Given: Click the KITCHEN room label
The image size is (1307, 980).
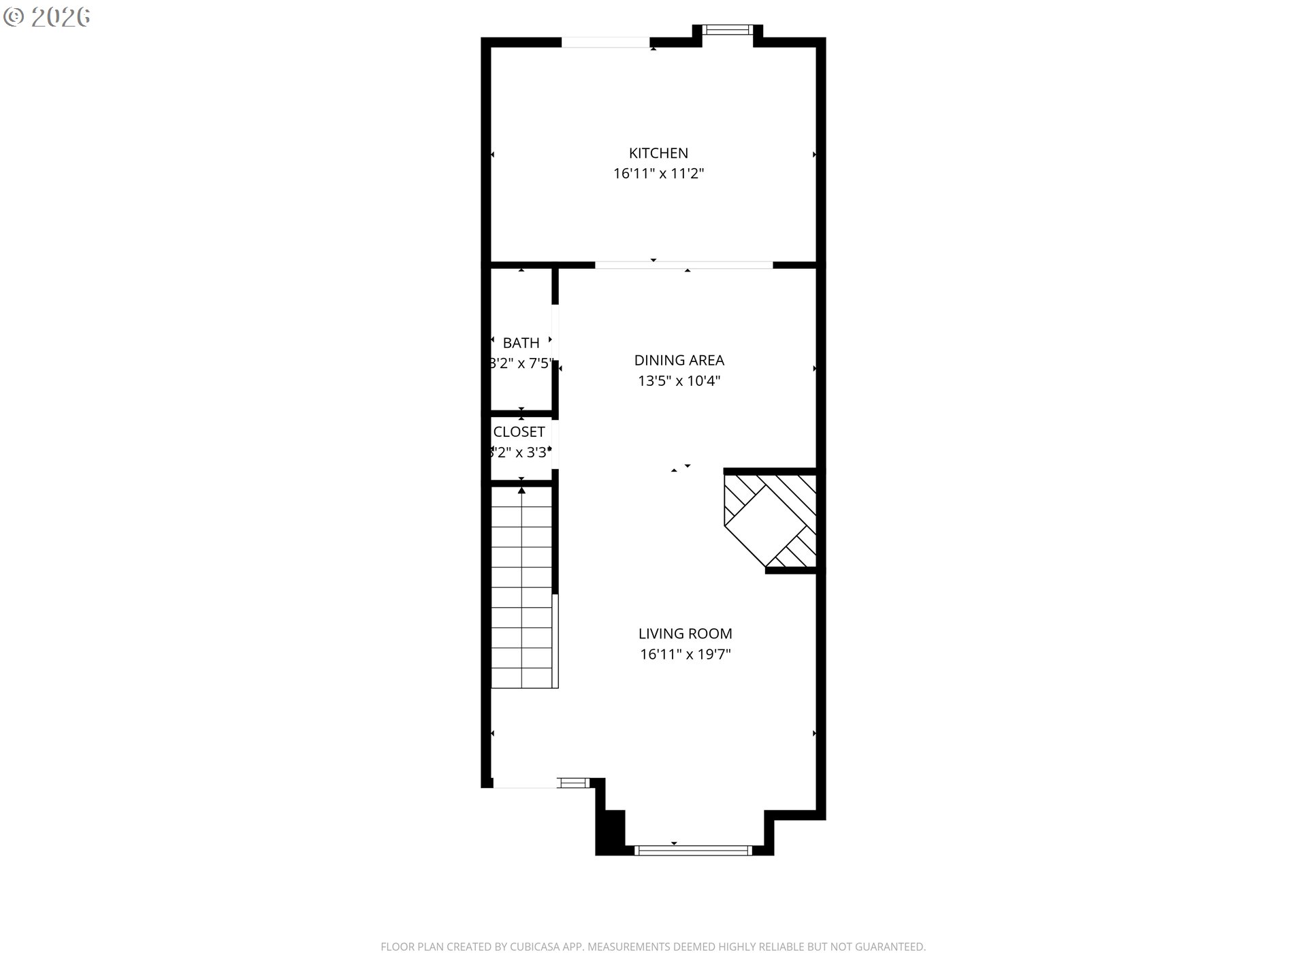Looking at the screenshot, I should (x=658, y=153).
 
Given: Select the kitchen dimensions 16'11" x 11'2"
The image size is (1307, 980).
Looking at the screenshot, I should (x=658, y=174).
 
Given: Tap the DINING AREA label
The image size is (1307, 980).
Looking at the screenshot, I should (x=679, y=360).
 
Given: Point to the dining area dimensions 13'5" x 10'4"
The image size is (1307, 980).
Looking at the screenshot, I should (x=679, y=380).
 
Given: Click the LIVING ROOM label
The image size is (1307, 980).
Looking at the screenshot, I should (x=685, y=634).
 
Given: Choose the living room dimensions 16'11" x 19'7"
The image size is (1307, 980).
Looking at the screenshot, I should (x=685, y=655).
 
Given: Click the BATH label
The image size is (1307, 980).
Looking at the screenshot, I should (x=521, y=343).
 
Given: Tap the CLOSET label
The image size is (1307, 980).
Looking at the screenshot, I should (x=519, y=431).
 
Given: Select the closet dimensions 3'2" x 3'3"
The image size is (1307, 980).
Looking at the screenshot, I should (x=520, y=452).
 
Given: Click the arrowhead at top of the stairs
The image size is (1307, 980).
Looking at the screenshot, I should (x=521, y=490).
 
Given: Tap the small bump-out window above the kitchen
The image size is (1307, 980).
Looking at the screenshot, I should (x=727, y=29).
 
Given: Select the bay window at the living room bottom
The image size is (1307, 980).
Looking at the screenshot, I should (x=692, y=850).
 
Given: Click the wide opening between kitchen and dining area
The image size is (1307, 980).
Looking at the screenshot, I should (x=683, y=265).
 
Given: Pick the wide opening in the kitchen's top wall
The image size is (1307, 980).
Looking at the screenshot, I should (x=605, y=42).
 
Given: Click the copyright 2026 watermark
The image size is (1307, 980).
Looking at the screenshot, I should (x=48, y=17).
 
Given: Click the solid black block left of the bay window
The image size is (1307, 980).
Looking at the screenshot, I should (x=611, y=832).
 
